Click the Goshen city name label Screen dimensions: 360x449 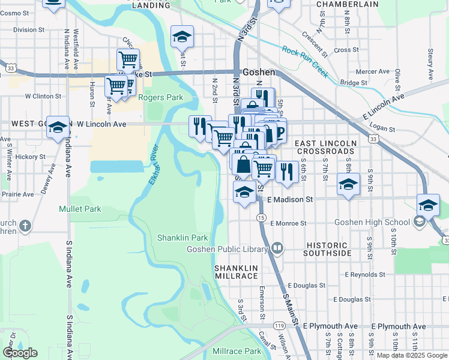[x=259, y=72]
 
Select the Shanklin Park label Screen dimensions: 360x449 [x=182, y=238]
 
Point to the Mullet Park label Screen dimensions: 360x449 [x=80, y=209]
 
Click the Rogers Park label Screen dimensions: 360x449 [x=160, y=97]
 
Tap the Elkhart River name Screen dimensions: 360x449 [x=154, y=165]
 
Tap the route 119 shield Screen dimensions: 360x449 [x=279, y=325]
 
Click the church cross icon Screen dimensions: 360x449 [x=24, y=226]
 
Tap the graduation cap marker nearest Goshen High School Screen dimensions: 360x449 [x=427, y=205]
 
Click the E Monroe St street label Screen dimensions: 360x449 [x=288, y=223]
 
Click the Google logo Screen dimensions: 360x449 [x=20, y=353]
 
